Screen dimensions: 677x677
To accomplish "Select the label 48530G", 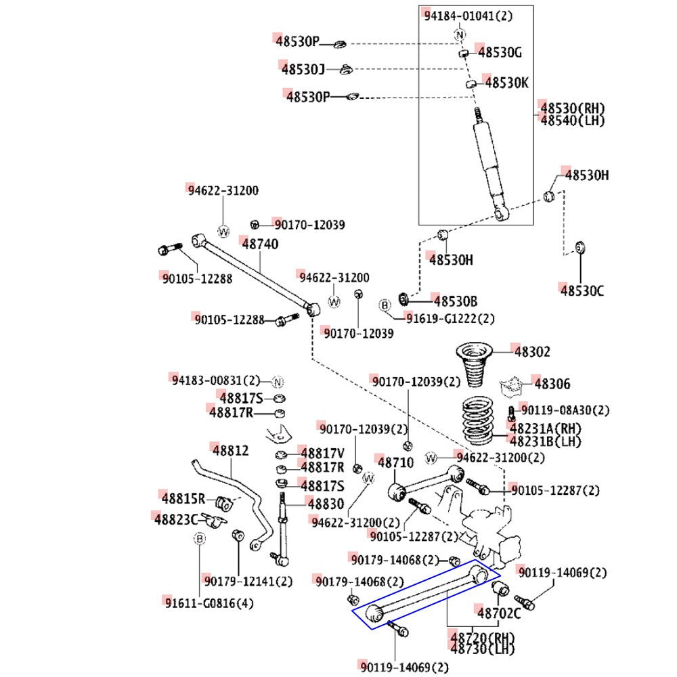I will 500,52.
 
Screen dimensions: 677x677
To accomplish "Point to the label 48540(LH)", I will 572,121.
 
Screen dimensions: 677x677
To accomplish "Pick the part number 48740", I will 259,244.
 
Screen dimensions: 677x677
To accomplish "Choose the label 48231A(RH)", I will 546,429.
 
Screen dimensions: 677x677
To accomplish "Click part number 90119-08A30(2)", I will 564,410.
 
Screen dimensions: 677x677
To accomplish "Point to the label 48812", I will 230,450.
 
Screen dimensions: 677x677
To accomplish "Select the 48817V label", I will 323,454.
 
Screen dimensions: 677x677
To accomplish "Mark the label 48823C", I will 175,519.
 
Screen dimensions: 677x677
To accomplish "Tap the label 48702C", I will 499,614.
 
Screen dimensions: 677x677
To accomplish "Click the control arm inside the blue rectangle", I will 427,595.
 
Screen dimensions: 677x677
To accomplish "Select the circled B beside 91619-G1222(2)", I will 385,306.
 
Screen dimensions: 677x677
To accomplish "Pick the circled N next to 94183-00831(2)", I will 277,381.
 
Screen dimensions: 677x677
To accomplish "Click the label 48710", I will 395,463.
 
